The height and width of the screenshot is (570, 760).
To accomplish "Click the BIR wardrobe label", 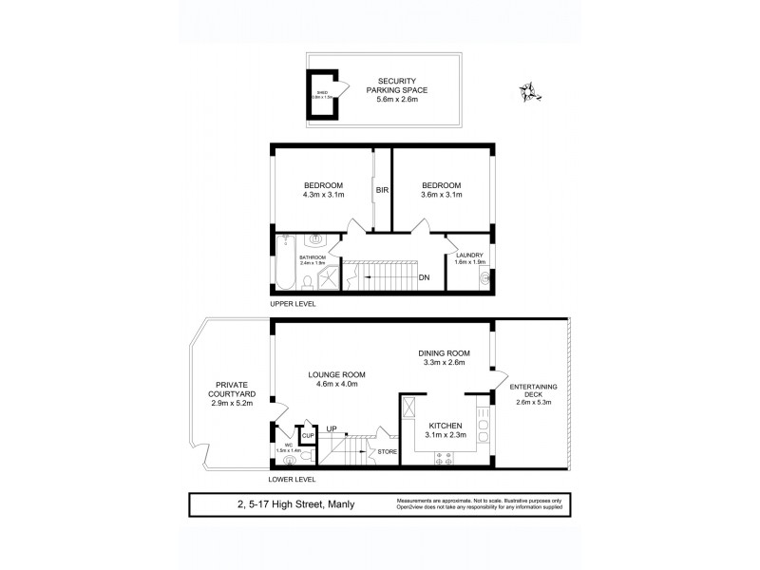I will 383,190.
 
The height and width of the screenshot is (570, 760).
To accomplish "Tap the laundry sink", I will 484,279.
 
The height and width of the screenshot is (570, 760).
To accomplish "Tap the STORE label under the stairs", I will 388,450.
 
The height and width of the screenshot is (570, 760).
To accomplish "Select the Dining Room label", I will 445,352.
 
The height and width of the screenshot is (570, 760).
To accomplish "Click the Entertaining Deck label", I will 533,392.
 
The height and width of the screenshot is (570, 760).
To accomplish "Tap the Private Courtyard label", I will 231,391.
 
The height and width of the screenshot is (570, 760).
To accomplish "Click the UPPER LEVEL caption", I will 293,304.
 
